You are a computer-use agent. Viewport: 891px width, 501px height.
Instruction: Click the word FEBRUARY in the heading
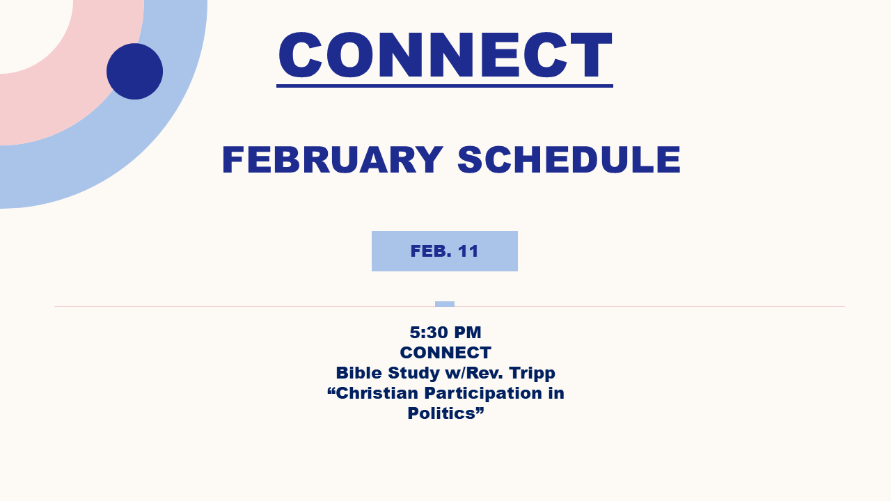[333, 160]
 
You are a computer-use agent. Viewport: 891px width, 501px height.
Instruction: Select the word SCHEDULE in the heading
[569, 160]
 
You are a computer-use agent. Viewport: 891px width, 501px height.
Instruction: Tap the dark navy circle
[134, 71]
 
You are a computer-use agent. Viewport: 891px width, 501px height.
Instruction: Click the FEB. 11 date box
[445, 251]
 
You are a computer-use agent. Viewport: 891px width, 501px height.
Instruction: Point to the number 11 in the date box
[468, 251]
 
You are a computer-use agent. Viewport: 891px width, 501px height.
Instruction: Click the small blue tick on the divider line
[445, 304]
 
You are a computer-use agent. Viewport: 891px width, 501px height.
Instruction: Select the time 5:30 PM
[445, 333]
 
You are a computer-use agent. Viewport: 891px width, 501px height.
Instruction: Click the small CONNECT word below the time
[445, 353]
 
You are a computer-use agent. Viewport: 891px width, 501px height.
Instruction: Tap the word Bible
[358, 373]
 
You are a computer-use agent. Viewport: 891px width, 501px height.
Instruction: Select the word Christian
[377, 393]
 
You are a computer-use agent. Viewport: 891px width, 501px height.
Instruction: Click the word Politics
[441, 413]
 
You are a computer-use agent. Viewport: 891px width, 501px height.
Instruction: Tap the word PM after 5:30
[467, 333]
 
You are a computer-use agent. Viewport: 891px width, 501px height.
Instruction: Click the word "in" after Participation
[556, 393]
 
